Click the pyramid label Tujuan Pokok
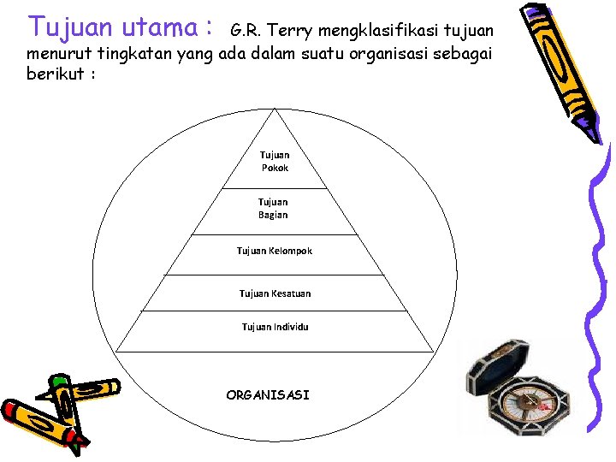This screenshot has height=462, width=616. pyautogui.click(x=275, y=162)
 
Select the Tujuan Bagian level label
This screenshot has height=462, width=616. pyautogui.click(x=273, y=209)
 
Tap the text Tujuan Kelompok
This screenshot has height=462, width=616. pyautogui.click(x=275, y=251)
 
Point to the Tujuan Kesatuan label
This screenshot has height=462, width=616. pyautogui.click(x=275, y=293)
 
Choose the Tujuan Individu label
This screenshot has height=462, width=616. pyautogui.click(x=275, y=327)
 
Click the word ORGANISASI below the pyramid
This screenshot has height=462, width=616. pyautogui.click(x=268, y=395)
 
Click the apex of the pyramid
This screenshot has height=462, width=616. pyautogui.click(x=274, y=110)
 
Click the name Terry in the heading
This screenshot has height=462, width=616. pyautogui.click(x=291, y=31)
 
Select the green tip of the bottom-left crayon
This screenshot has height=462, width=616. pyautogui.click(x=59, y=380)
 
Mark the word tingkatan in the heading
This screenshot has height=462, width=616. pyautogui.click(x=132, y=54)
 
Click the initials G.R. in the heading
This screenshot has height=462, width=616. pyautogui.click(x=245, y=31)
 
